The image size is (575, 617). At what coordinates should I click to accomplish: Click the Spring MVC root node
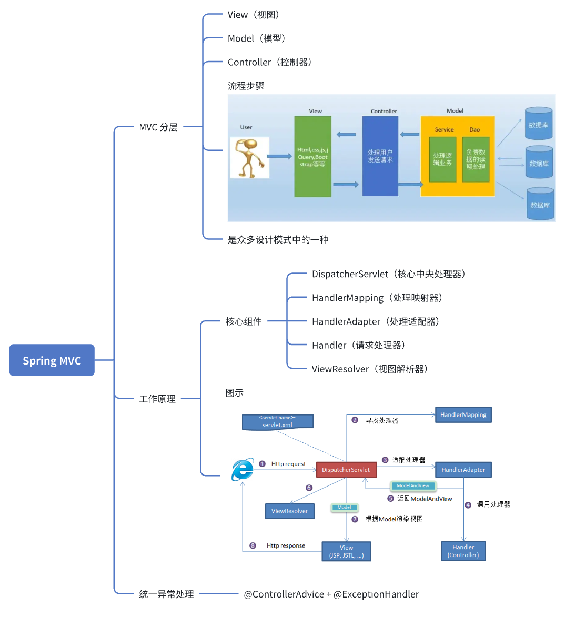click(52, 360)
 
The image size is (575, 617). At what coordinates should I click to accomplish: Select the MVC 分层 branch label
click(158, 127)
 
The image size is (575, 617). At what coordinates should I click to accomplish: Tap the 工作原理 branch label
click(157, 399)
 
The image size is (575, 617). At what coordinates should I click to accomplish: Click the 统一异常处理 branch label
click(166, 594)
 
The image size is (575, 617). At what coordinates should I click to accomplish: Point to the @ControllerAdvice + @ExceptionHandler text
click(331, 594)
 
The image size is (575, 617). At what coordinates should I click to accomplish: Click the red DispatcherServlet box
click(346, 470)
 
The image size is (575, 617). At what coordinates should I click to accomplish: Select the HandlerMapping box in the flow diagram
click(463, 415)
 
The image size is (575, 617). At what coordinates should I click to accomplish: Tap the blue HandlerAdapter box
click(463, 470)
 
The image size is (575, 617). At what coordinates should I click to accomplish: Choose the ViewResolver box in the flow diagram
click(289, 511)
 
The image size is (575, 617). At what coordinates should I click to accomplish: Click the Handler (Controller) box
click(463, 551)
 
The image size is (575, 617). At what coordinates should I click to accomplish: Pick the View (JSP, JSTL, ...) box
click(346, 551)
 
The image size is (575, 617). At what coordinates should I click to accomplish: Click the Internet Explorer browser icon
click(243, 469)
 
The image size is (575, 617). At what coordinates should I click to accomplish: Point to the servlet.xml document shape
click(277, 422)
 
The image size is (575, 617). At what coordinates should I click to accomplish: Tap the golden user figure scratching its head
click(249, 158)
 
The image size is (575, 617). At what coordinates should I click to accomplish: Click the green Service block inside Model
click(442, 159)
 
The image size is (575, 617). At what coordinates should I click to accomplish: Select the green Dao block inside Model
click(476, 159)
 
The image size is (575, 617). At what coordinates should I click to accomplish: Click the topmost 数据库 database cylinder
click(539, 124)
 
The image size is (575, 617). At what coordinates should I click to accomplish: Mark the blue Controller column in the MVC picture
click(380, 156)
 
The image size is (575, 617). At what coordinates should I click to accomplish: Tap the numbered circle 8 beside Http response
click(253, 545)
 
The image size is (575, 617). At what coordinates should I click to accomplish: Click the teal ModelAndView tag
click(413, 486)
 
